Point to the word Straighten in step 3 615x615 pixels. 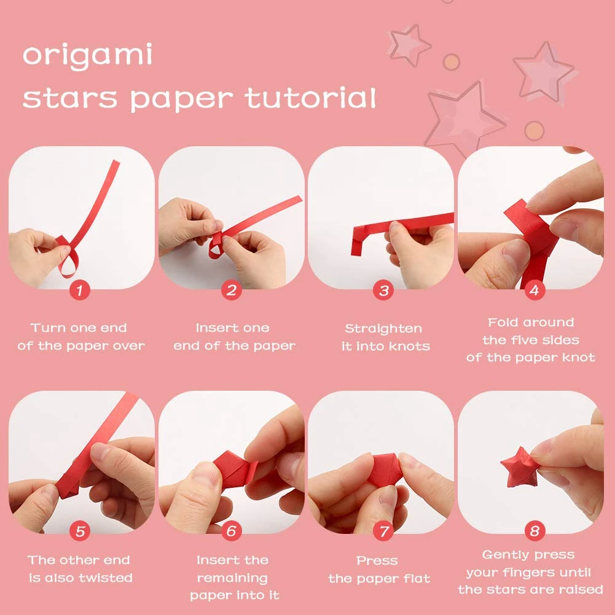(383, 329)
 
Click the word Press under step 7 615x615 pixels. (377, 560)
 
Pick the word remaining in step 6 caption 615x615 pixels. (232, 578)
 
